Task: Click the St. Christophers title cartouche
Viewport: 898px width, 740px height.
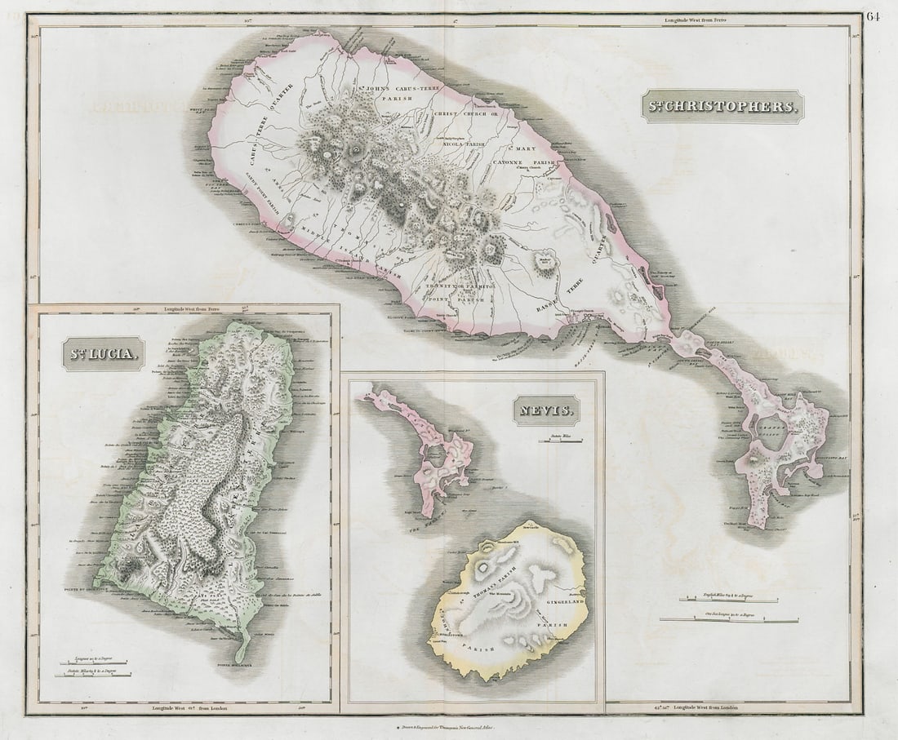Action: tap(722, 106)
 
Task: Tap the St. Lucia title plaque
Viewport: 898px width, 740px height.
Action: tap(103, 354)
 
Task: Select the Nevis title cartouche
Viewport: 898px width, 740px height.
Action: tap(547, 410)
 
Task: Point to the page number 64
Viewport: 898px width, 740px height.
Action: tap(874, 16)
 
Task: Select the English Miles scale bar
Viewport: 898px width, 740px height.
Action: tap(729, 600)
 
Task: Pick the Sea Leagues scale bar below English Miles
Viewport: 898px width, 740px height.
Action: tap(729, 619)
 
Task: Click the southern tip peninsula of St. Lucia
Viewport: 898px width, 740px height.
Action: tap(242, 649)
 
